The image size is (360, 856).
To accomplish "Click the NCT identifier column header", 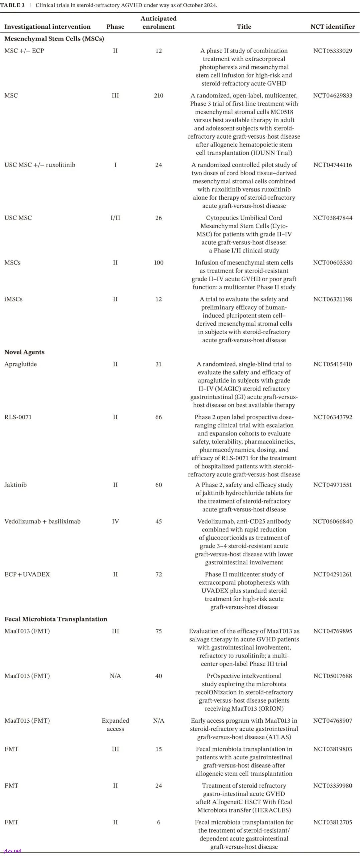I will pos(332,27).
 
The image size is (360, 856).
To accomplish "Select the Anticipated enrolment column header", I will pos(158,23).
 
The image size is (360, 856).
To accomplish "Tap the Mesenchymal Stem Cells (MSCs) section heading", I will pos(54,39).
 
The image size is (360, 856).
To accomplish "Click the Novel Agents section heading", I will pos(24,352).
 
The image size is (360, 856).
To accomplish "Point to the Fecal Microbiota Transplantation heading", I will pos(56,619).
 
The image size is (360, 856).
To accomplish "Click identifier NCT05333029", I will pos(332,51).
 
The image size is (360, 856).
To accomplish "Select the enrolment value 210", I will pos(158,96).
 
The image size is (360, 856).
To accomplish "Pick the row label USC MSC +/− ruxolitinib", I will pos(40,165).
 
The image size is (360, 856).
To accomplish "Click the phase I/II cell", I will pos(115,218).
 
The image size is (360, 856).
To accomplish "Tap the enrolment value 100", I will pos(158,263).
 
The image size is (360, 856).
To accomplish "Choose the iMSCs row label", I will pos(13,299).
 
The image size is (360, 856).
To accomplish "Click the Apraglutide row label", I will pos(20,364).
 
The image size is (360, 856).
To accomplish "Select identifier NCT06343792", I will pos(332,417).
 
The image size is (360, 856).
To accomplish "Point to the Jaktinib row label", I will pos(15,485).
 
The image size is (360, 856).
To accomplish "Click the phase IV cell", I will pos(115,521).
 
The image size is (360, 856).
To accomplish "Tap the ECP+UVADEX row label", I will pos(27,574).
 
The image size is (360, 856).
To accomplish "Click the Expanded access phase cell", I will pos(115,725).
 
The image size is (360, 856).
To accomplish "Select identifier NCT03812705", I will pos(332,822).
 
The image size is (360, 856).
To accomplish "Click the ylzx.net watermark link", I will pos(12,851).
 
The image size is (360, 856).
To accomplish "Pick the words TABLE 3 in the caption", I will pos(12,5).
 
